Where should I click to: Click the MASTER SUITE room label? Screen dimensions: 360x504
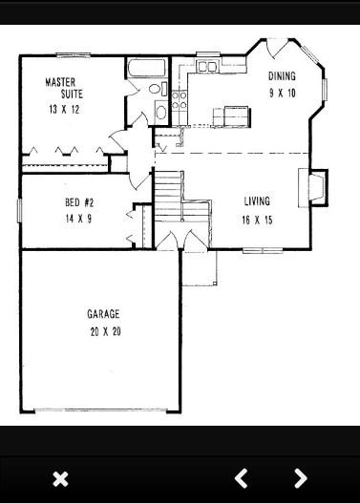point(64,88)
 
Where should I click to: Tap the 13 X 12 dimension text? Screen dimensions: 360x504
point(64,110)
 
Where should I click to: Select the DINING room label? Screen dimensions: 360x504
point(282,76)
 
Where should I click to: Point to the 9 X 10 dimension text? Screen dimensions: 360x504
point(283,94)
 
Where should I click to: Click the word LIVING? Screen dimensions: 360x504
point(257,201)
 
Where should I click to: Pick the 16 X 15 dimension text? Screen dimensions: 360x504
point(257,220)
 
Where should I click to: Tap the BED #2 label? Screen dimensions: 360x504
point(79,202)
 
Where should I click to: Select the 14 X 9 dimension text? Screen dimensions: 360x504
point(78,219)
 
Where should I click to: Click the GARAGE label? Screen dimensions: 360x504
point(103,314)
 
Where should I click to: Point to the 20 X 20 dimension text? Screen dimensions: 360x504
point(106,331)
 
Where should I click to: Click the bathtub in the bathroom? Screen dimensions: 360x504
point(147,67)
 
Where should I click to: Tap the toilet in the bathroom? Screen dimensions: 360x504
point(158,89)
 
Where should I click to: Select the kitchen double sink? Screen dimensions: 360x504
point(207,67)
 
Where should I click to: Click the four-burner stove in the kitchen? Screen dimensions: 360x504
point(179,100)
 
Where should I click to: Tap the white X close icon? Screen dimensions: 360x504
point(60,479)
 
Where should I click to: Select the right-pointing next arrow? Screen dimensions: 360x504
point(301,478)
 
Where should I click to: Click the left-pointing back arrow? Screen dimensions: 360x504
point(241,478)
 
